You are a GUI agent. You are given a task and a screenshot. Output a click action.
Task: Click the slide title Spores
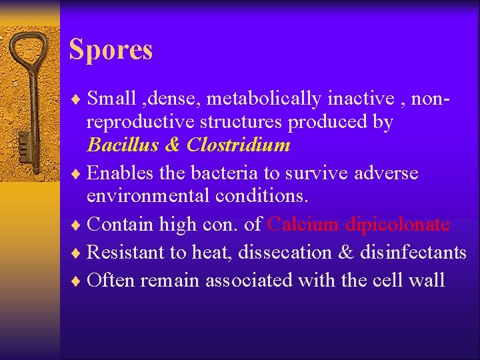[111, 50]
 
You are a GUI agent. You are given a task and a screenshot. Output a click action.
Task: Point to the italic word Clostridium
[239, 145]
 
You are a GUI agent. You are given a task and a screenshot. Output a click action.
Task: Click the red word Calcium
[303, 225]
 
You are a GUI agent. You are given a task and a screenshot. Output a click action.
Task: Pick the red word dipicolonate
[397, 225]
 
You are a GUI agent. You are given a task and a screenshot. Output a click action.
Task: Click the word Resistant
[125, 253]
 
